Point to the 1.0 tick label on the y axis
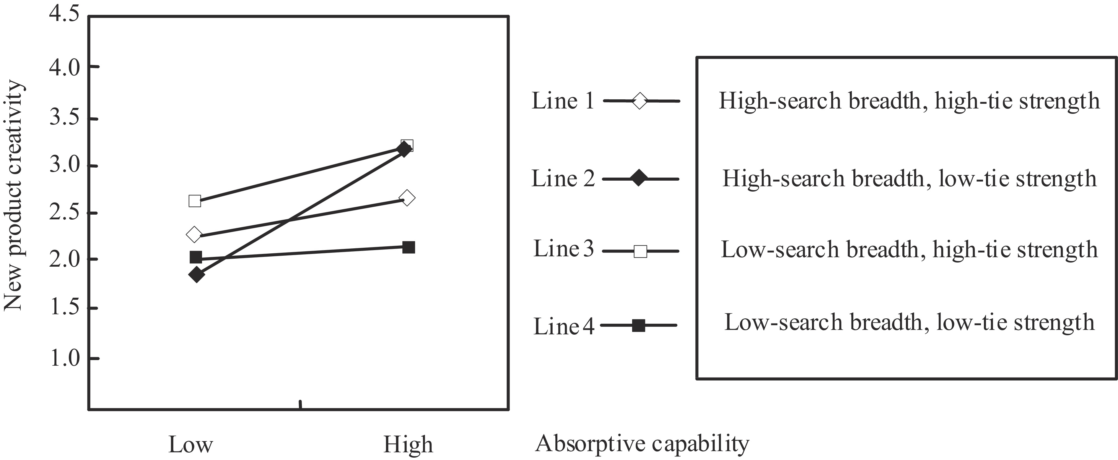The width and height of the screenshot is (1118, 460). coord(65,359)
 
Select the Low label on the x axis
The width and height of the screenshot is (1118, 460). coord(191,444)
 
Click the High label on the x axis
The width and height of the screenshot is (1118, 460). coord(408,444)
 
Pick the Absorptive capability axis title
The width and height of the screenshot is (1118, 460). coord(642,443)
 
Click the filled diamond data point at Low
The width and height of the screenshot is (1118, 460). coord(197,275)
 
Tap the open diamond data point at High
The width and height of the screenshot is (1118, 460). coord(407,198)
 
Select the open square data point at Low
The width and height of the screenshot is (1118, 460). coord(195,201)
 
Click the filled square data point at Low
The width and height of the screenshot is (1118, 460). coord(196,257)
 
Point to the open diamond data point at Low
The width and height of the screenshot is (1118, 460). coord(194,234)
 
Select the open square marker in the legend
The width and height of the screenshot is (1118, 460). coord(640,251)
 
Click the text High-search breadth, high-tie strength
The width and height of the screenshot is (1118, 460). coord(909,101)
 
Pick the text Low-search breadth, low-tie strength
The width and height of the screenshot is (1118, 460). coord(909,322)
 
